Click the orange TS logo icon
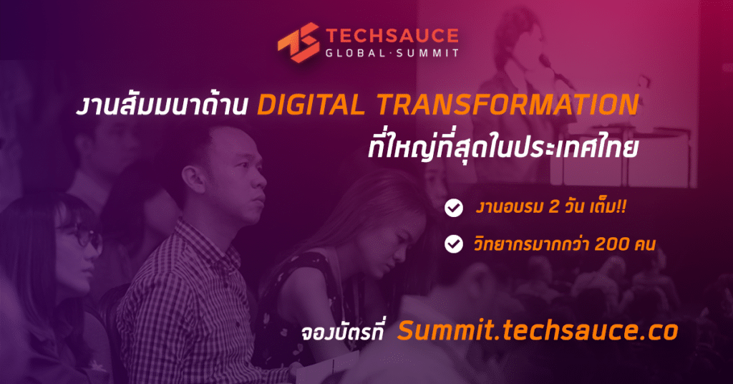click(298, 42)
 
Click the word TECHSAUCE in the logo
click(392, 37)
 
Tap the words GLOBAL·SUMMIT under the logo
click(392, 53)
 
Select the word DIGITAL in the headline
click(311, 105)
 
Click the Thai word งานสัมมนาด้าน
click(162, 105)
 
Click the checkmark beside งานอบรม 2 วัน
click(453, 208)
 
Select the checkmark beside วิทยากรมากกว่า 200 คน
click(453, 244)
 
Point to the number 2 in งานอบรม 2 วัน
click(554, 207)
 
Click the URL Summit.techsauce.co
click(538, 330)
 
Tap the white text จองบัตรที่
click(342, 332)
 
